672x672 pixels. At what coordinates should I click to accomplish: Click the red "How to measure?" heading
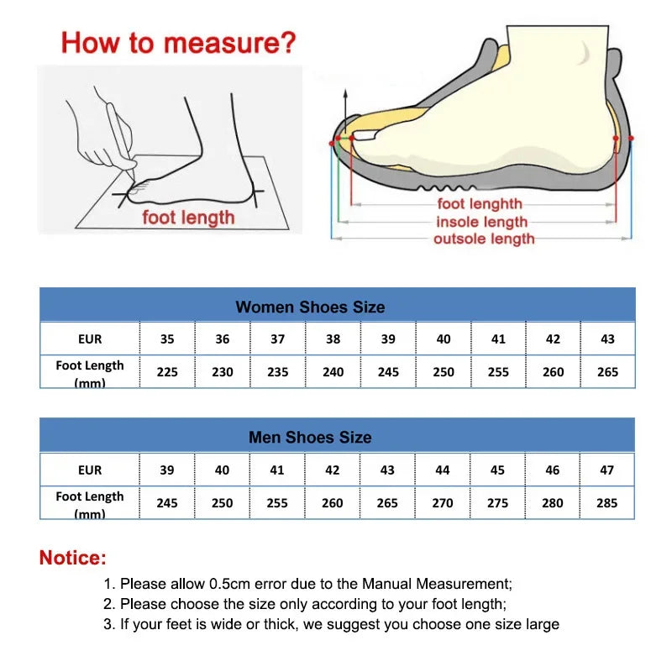pyautogui.click(x=179, y=42)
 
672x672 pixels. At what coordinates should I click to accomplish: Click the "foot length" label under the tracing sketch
pyautogui.click(x=188, y=218)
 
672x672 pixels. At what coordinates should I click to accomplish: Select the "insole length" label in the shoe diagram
pyautogui.click(x=481, y=222)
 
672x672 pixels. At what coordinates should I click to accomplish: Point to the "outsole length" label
pyautogui.click(x=484, y=239)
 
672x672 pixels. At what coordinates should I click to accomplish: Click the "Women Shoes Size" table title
pyautogui.click(x=310, y=307)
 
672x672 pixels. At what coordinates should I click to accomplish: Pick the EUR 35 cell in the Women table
pyautogui.click(x=167, y=339)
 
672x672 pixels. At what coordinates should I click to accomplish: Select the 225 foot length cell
pyautogui.click(x=167, y=371)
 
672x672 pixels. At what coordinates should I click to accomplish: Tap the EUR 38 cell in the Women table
pyautogui.click(x=333, y=339)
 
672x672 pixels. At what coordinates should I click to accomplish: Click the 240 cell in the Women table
pyautogui.click(x=333, y=371)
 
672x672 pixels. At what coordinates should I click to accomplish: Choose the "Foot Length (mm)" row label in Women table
pyautogui.click(x=89, y=372)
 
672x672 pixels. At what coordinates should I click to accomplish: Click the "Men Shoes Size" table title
pyautogui.click(x=310, y=437)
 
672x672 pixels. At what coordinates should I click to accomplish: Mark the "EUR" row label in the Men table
pyautogui.click(x=89, y=470)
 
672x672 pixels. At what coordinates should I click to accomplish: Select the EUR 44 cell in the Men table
pyautogui.click(x=443, y=470)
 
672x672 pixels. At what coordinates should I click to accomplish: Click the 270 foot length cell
pyautogui.click(x=443, y=502)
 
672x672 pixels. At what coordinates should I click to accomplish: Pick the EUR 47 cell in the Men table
pyautogui.click(x=606, y=470)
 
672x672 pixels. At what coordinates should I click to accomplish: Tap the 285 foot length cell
pyautogui.click(x=606, y=502)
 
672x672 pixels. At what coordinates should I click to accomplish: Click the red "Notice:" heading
pyautogui.click(x=73, y=557)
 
